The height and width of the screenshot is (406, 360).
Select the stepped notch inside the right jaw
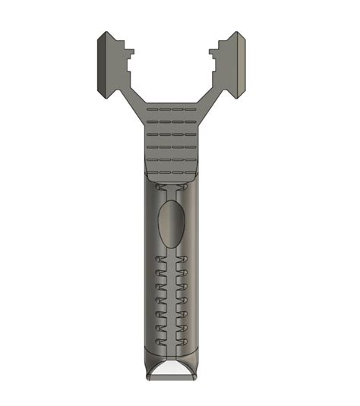point(214,61)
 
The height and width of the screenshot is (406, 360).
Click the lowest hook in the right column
point(184,343)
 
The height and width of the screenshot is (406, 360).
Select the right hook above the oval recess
point(185,186)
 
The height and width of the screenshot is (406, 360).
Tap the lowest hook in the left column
point(159,343)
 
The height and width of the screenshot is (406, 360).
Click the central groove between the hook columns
point(171,304)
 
